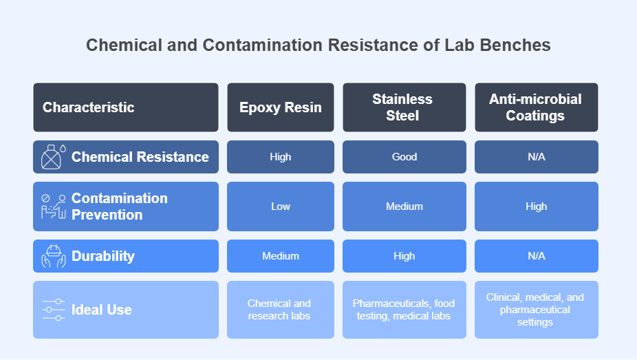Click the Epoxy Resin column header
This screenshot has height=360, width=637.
tap(280, 107)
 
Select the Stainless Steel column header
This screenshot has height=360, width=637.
tap(404, 107)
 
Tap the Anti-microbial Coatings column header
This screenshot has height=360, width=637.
tap(537, 107)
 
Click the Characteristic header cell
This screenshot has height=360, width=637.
tap(126, 107)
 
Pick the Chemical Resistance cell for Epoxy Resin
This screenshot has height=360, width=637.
tap(280, 157)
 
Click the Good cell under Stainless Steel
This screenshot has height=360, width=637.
tap(404, 157)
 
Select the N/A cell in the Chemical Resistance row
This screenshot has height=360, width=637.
tap(537, 157)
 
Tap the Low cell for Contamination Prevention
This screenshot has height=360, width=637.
tap(280, 207)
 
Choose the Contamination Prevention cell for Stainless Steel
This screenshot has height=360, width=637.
tap(404, 207)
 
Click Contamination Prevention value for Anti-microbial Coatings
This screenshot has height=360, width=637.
tap(537, 207)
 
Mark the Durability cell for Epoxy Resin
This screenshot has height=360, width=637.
tap(280, 256)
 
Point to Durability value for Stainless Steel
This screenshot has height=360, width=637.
tap(404, 256)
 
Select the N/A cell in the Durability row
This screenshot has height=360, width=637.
tap(537, 256)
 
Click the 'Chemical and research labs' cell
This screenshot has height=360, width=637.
tap(280, 310)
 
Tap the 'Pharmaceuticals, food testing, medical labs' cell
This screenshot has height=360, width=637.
tap(404, 310)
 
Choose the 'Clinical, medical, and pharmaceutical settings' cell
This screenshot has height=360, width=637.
tap(537, 310)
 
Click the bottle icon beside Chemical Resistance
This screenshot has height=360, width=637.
tap(53, 157)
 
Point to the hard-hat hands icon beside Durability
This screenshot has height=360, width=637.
tap(53, 256)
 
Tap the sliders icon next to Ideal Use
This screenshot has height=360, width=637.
tap(53, 310)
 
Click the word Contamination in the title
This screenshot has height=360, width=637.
tap(263, 45)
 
